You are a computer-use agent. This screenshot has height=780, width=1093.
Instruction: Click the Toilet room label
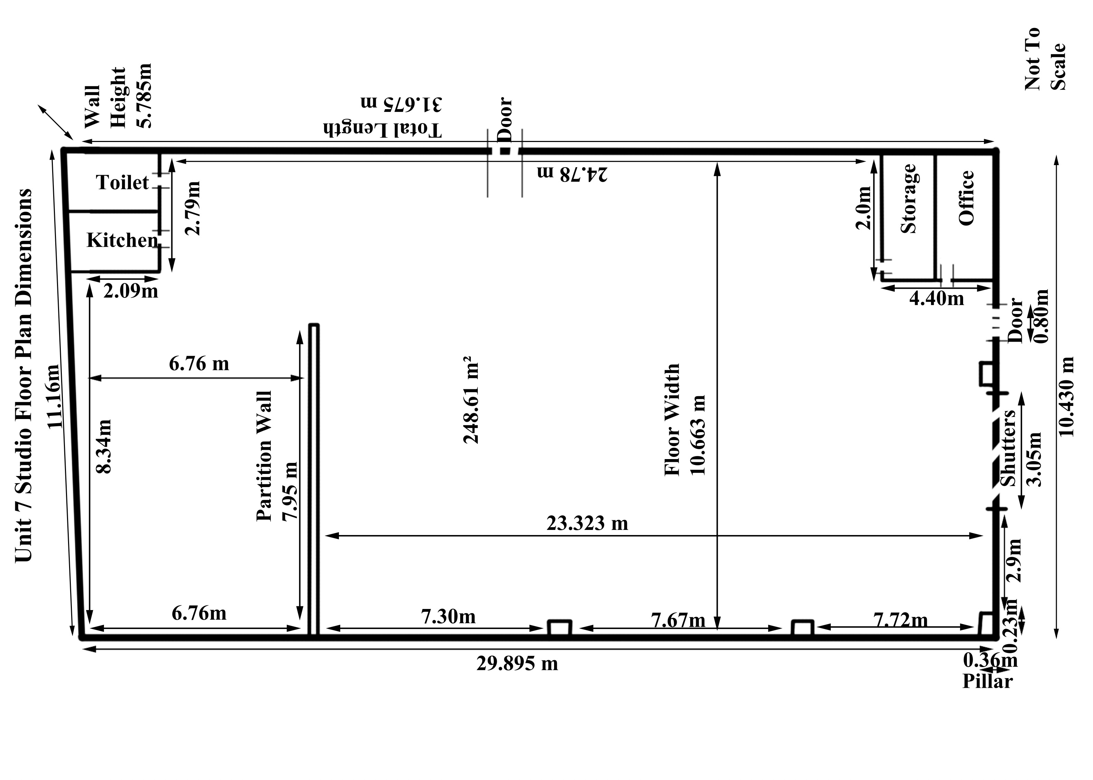[x=122, y=182]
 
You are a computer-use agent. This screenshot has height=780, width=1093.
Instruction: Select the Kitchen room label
[x=122, y=240]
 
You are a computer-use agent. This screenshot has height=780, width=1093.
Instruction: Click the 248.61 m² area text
[x=470, y=400]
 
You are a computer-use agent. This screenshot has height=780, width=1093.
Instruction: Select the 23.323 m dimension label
[x=587, y=523]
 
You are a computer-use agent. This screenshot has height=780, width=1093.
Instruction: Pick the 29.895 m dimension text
[x=517, y=664]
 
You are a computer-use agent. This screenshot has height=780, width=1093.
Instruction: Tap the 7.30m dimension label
[x=448, y=617]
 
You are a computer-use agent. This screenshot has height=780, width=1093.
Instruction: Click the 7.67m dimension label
[x=678, y=620]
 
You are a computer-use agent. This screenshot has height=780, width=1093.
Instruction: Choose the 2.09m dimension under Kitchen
[x=131, y=291]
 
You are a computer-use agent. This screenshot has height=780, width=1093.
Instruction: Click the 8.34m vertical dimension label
[x=104, y=446]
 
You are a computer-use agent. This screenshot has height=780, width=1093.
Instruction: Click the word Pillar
[x=987, y=682]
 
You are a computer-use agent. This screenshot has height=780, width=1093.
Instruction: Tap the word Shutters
[x=1008, y=448]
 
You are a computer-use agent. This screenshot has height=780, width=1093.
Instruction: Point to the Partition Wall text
[x=264, y=456]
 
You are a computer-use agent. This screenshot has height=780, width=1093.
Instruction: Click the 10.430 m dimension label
[x=1066, y=397]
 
